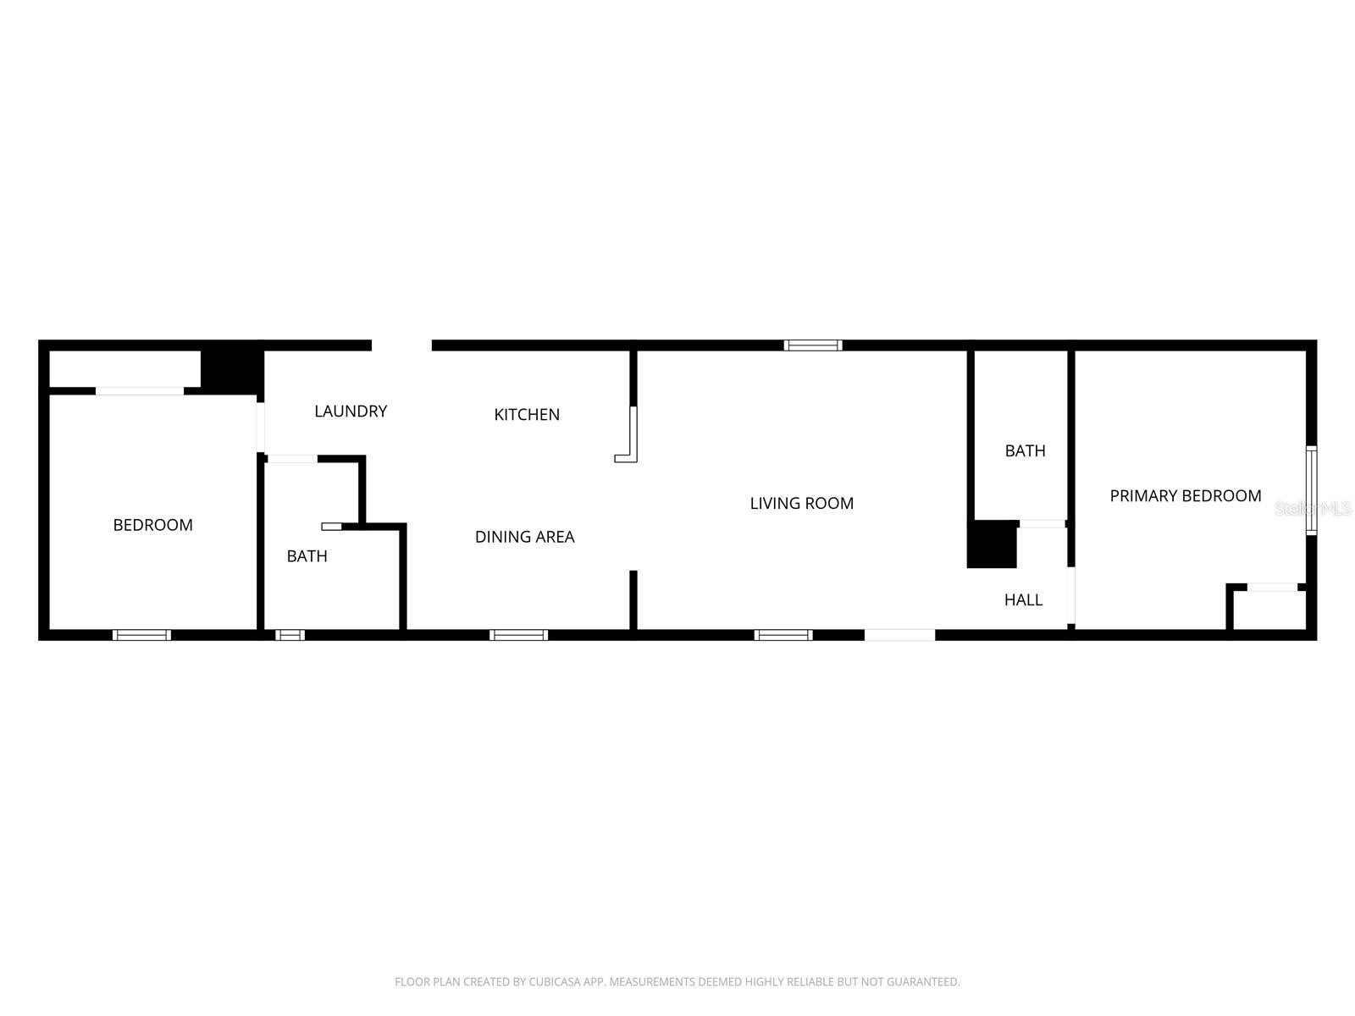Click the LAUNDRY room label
tap(351, 411)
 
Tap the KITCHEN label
tap(527, 415)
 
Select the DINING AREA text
tap(524, 537)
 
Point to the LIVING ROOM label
tap(801, 504)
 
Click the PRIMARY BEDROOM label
tap(1185, 496)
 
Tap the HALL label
tap(1023, 600)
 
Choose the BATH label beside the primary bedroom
tap(1025, 451)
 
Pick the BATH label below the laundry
tap(307, 556)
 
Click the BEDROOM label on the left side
tap(152, 526)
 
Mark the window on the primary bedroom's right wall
tap(1311, 491)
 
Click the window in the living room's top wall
tap(813, 345)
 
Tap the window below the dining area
tap(519, 635)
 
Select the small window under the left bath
tap(290, 635)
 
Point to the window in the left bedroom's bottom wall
tap(142, 635)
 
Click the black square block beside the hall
tap(992, 544)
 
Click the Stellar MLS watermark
tap(1313, 509)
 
